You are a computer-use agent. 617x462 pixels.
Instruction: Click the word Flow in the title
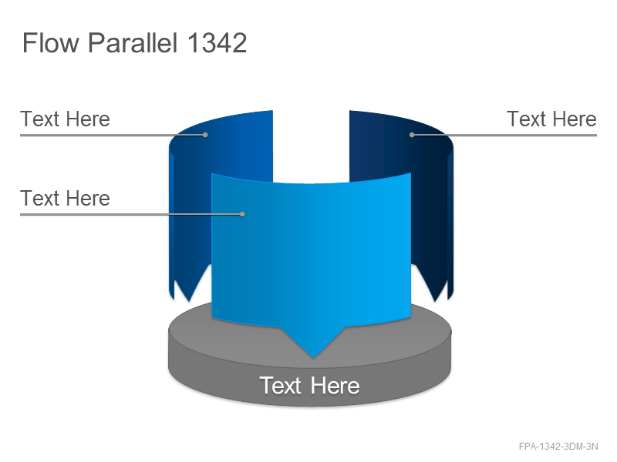pos(51,42)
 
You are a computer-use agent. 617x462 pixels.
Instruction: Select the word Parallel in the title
pos(133,42)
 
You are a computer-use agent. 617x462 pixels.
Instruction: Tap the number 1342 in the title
pos(217,42)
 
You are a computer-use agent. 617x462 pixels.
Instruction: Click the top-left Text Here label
pos(65,119)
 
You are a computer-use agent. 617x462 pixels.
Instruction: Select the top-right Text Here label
pos(551,119)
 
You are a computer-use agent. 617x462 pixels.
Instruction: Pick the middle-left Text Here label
pos(65,198)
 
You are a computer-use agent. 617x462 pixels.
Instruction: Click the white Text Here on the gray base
pos(309,386)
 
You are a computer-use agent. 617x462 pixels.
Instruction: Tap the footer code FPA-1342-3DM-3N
pos(558,447)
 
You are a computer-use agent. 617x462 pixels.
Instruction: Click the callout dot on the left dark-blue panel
pos(205,135)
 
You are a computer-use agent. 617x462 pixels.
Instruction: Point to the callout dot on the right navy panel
pos(412,135)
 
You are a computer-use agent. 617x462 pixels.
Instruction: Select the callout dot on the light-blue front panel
pos(242,214)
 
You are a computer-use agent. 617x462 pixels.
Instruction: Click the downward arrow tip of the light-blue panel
pos(313,357)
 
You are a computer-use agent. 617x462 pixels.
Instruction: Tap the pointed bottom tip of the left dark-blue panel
pos(189,301)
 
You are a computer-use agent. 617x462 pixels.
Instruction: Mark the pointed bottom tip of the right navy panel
pos(435,301)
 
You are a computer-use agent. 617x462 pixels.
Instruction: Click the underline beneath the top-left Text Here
pos(113,136)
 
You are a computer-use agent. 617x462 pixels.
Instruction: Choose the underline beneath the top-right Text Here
pos(504,136)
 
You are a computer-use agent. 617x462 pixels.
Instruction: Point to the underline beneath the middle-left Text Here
pos(131,215)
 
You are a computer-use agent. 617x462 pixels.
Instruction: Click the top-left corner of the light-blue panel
pos(211,174)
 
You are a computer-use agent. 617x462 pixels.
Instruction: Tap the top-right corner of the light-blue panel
pos(411,172)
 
